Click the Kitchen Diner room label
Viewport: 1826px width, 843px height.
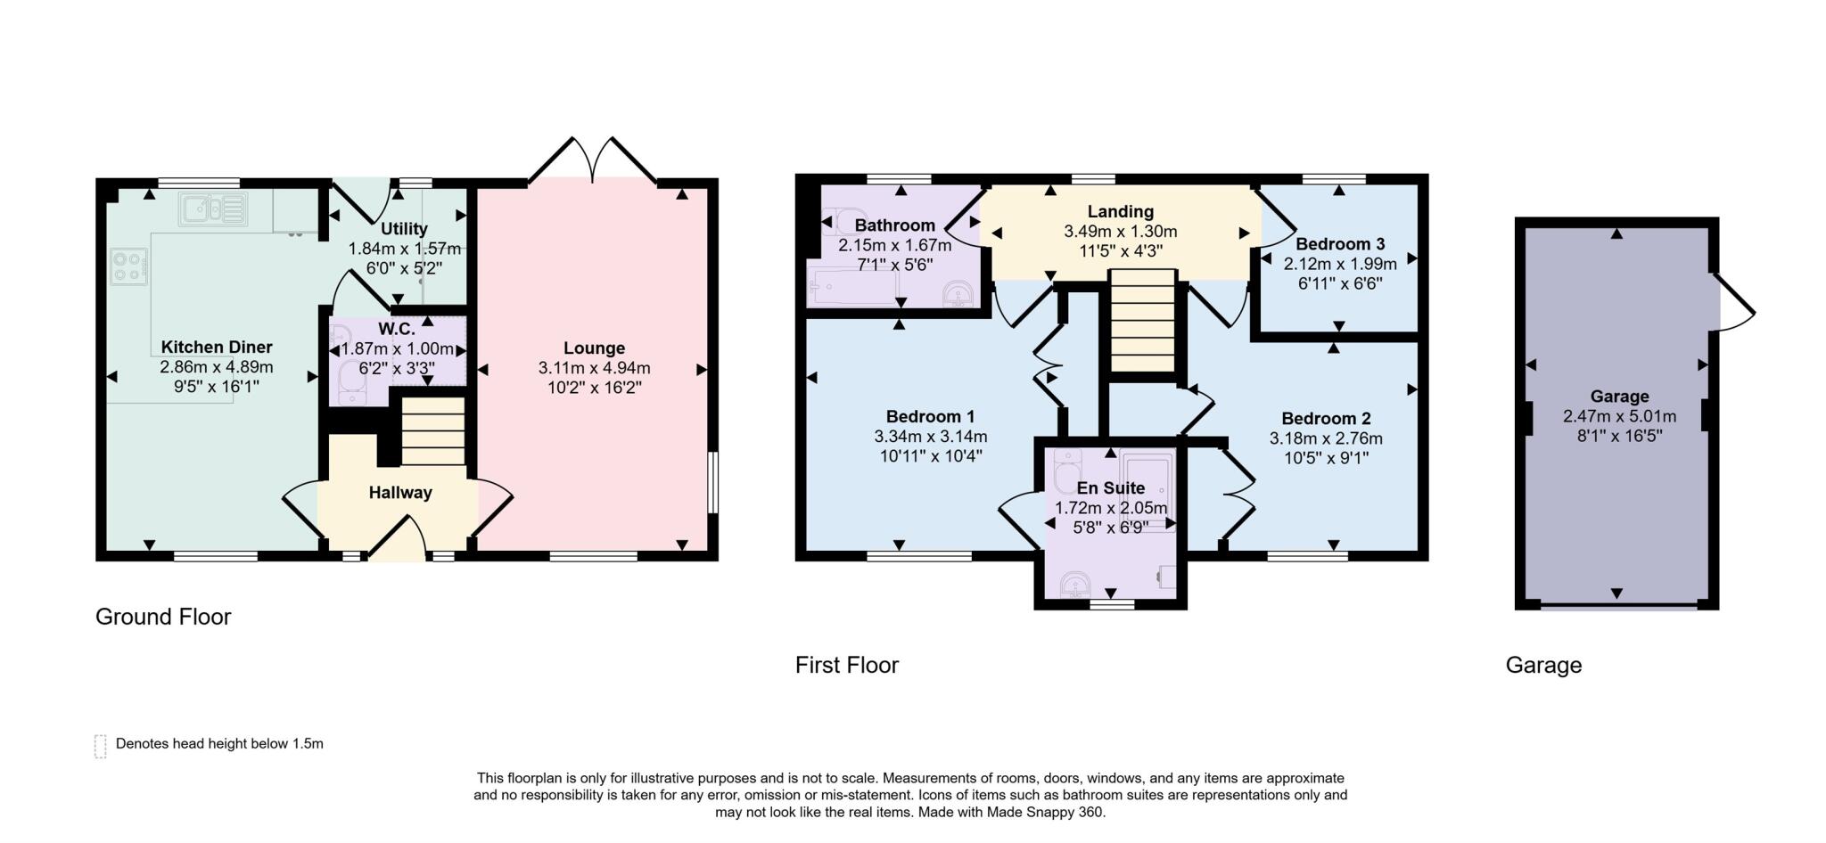coord(217,348)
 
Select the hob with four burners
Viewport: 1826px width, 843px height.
coord(129,267)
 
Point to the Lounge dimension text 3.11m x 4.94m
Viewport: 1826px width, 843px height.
coord(594,368)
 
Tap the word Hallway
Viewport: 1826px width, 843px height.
coord(400,493)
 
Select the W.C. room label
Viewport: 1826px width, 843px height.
coord(397,329)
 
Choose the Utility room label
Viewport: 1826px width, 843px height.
coord(404,229)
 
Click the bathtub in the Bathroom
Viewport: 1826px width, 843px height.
coord(852,286)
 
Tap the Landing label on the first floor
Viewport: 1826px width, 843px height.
coord(1120,212)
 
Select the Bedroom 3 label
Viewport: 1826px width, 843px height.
coord(1339,244)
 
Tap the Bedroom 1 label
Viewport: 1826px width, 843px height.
coord(930,417)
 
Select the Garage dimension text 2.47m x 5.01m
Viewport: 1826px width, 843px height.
coord(1619,416)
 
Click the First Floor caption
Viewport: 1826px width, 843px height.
coord(846,665)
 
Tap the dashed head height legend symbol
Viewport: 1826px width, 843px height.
coord(100,746)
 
